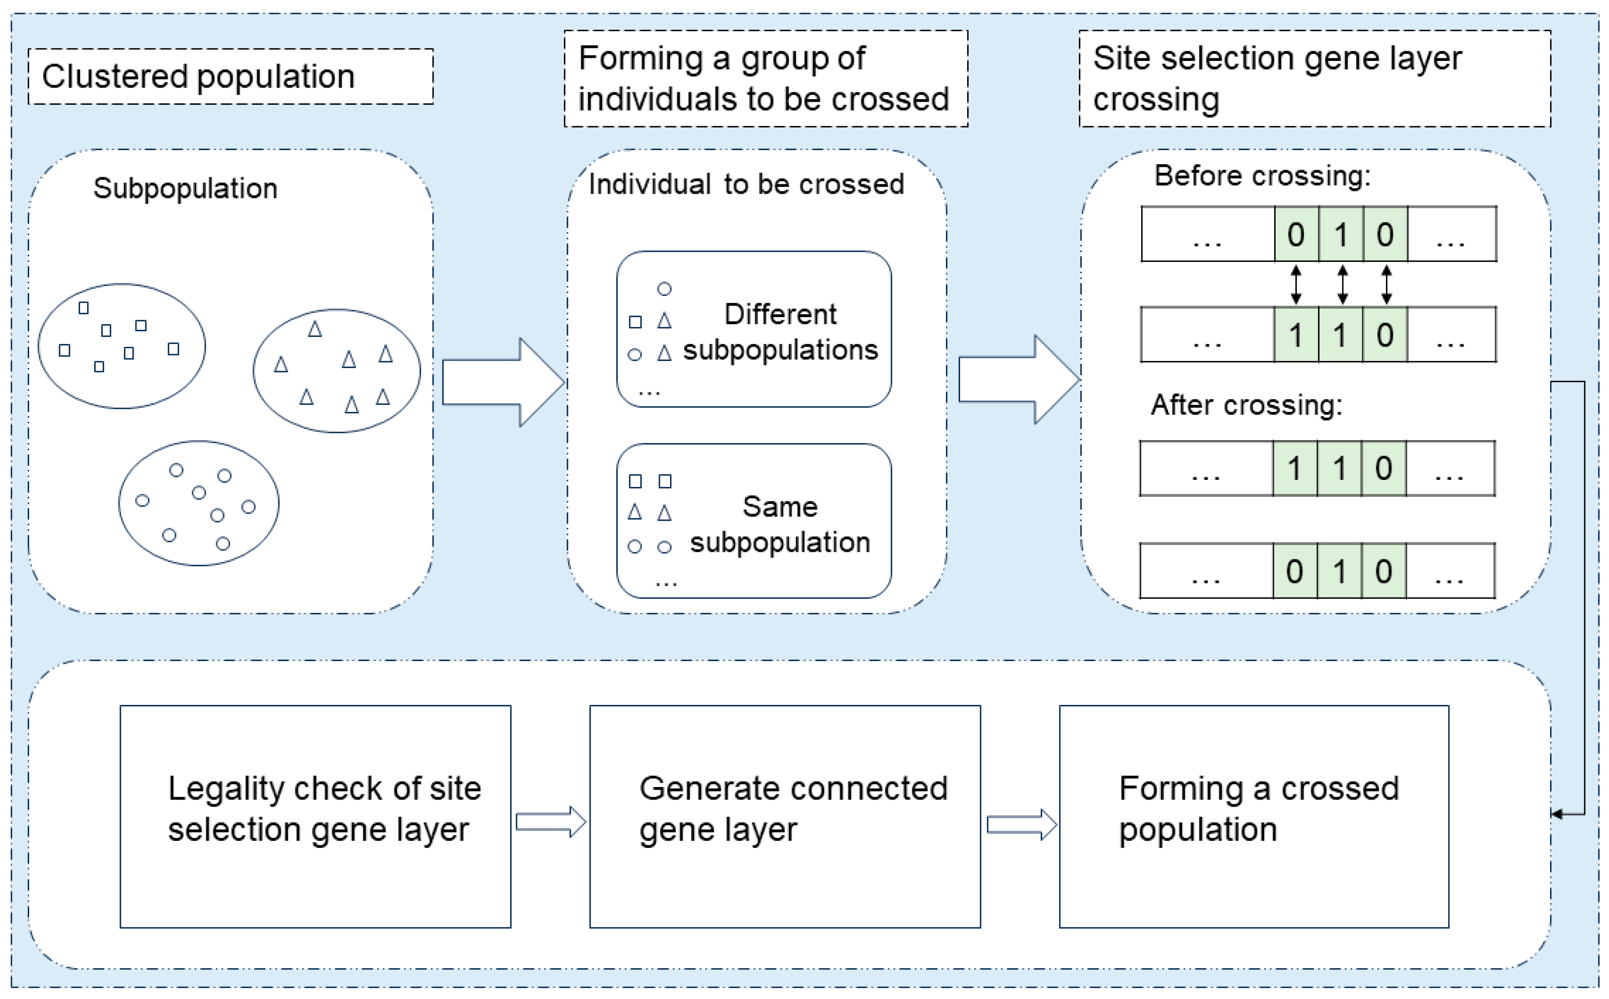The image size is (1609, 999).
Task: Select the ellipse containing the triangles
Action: coord(337,371)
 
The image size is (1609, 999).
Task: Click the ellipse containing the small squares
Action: coord(121,346)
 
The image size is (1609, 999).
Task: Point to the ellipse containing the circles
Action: coord(199,504)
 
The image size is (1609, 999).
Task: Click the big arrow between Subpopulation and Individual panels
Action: coord(502,382)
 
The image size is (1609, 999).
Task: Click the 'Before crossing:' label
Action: coord(1262,176)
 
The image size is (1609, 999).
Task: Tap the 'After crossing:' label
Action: coord(1247,404)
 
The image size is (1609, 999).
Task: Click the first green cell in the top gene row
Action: coord(1296,235)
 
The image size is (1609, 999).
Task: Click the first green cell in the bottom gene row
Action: coord(1294,571)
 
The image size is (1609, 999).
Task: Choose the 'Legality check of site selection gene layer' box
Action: coord(316,817)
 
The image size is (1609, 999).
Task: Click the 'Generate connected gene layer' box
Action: coord(785,817)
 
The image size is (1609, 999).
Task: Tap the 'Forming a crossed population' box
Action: coord(1254,817)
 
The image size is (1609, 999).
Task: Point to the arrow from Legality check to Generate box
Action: coord(550,822)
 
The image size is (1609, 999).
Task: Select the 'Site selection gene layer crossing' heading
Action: coord(1314,78)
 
